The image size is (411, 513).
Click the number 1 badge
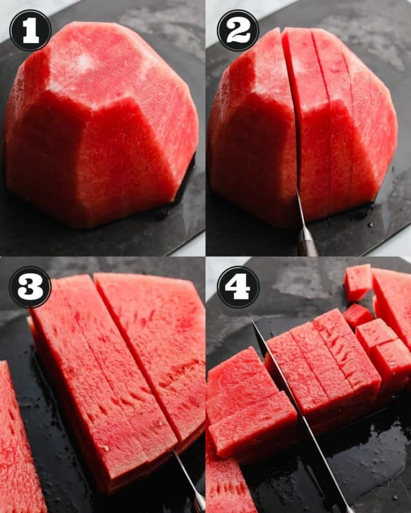(30, 31)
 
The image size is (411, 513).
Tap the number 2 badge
(238, 31)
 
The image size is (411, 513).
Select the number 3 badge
(30, 287)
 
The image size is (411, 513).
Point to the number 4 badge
(238, 287)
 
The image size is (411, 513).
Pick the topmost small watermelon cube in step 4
(357, 282)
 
